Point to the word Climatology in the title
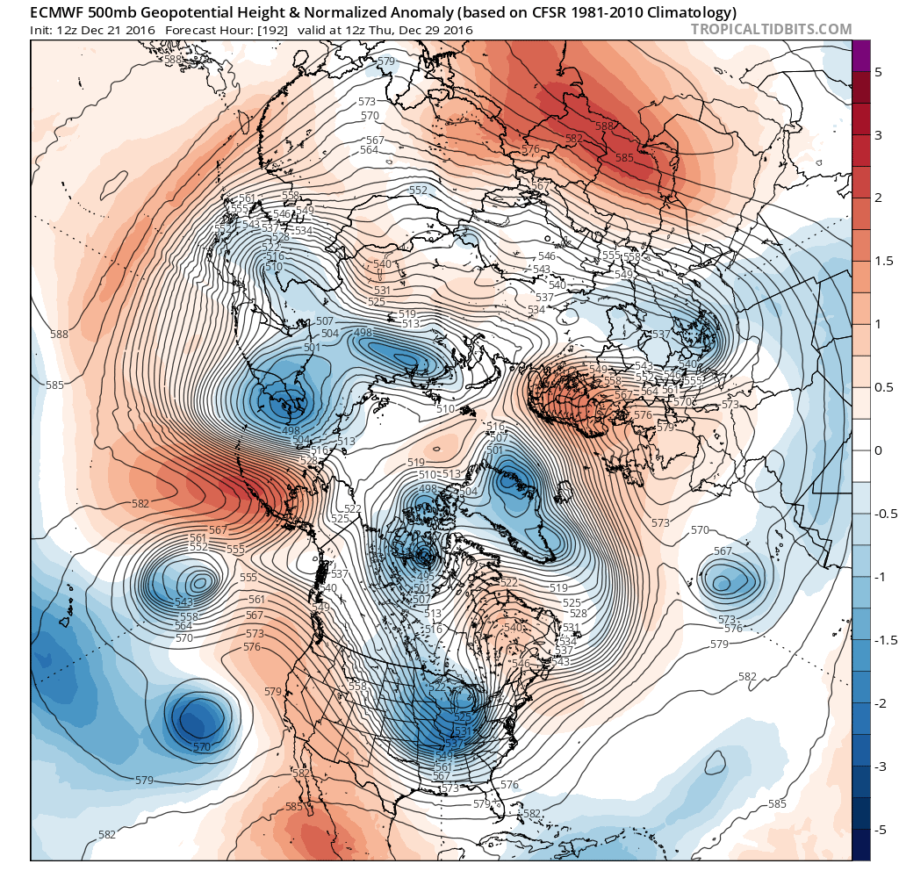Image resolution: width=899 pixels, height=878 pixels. pyautogui.click(x=689, y=12)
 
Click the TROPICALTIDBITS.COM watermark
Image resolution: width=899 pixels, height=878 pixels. pyautogui.click(x=771, y=30)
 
